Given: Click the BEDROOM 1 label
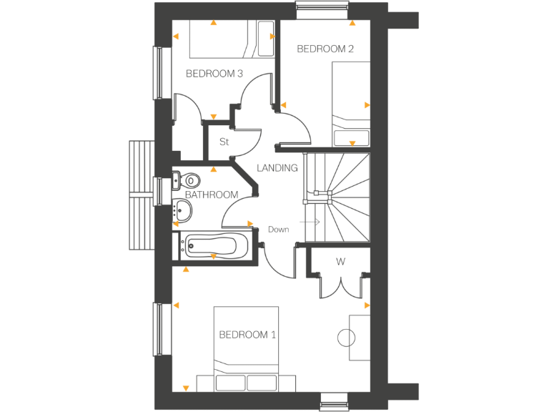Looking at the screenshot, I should pyautogui.click(x=247, y=335).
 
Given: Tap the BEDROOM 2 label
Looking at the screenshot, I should pyautogui.click(x=325, y=49).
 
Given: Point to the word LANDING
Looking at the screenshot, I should pyautogui.click(x=277, y=168).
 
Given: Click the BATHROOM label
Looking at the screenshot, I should pyautogui.click(x=211, y=195).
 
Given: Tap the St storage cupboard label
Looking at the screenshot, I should pyautogui.click(x=223, y=142).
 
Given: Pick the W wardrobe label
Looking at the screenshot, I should pyautogui.click(x=340, y=262).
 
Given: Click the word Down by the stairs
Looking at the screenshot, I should pyautogui.click(x=278, y=230).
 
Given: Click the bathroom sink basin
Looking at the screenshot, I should pyautogui.click(x=184, y=210).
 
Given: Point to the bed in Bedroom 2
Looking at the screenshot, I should pyautogui.click(x=351, y=104).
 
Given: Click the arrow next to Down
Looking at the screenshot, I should pyautogui.click(x=311, y=223).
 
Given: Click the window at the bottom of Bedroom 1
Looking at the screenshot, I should pyautogui.click(x=333, y=401).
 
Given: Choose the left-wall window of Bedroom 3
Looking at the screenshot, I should pyautogui.click(x=158, y=73).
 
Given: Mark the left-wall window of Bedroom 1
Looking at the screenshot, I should pyautogui.click(x=158, y=328).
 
